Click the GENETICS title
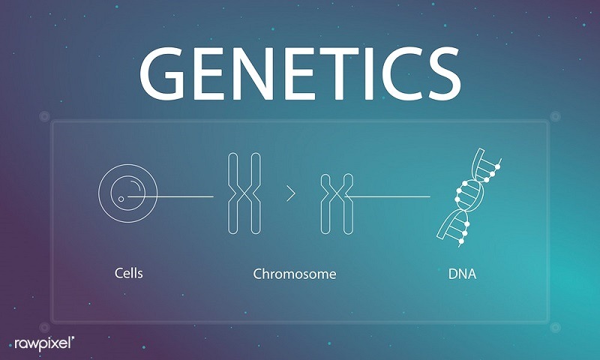(300, 73)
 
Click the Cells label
(128, 273)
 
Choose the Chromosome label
(295, 274)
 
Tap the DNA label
(462, 274)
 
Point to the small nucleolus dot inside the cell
(121, 199)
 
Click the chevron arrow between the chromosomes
(291, 193)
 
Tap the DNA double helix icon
(467, 199)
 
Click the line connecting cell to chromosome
(171, 196)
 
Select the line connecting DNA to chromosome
(387, 196)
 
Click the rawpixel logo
(44, 343)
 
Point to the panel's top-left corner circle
(45, 116)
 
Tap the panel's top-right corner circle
(555, 116)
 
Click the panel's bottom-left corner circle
(45, 328)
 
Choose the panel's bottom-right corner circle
(555, 328)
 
